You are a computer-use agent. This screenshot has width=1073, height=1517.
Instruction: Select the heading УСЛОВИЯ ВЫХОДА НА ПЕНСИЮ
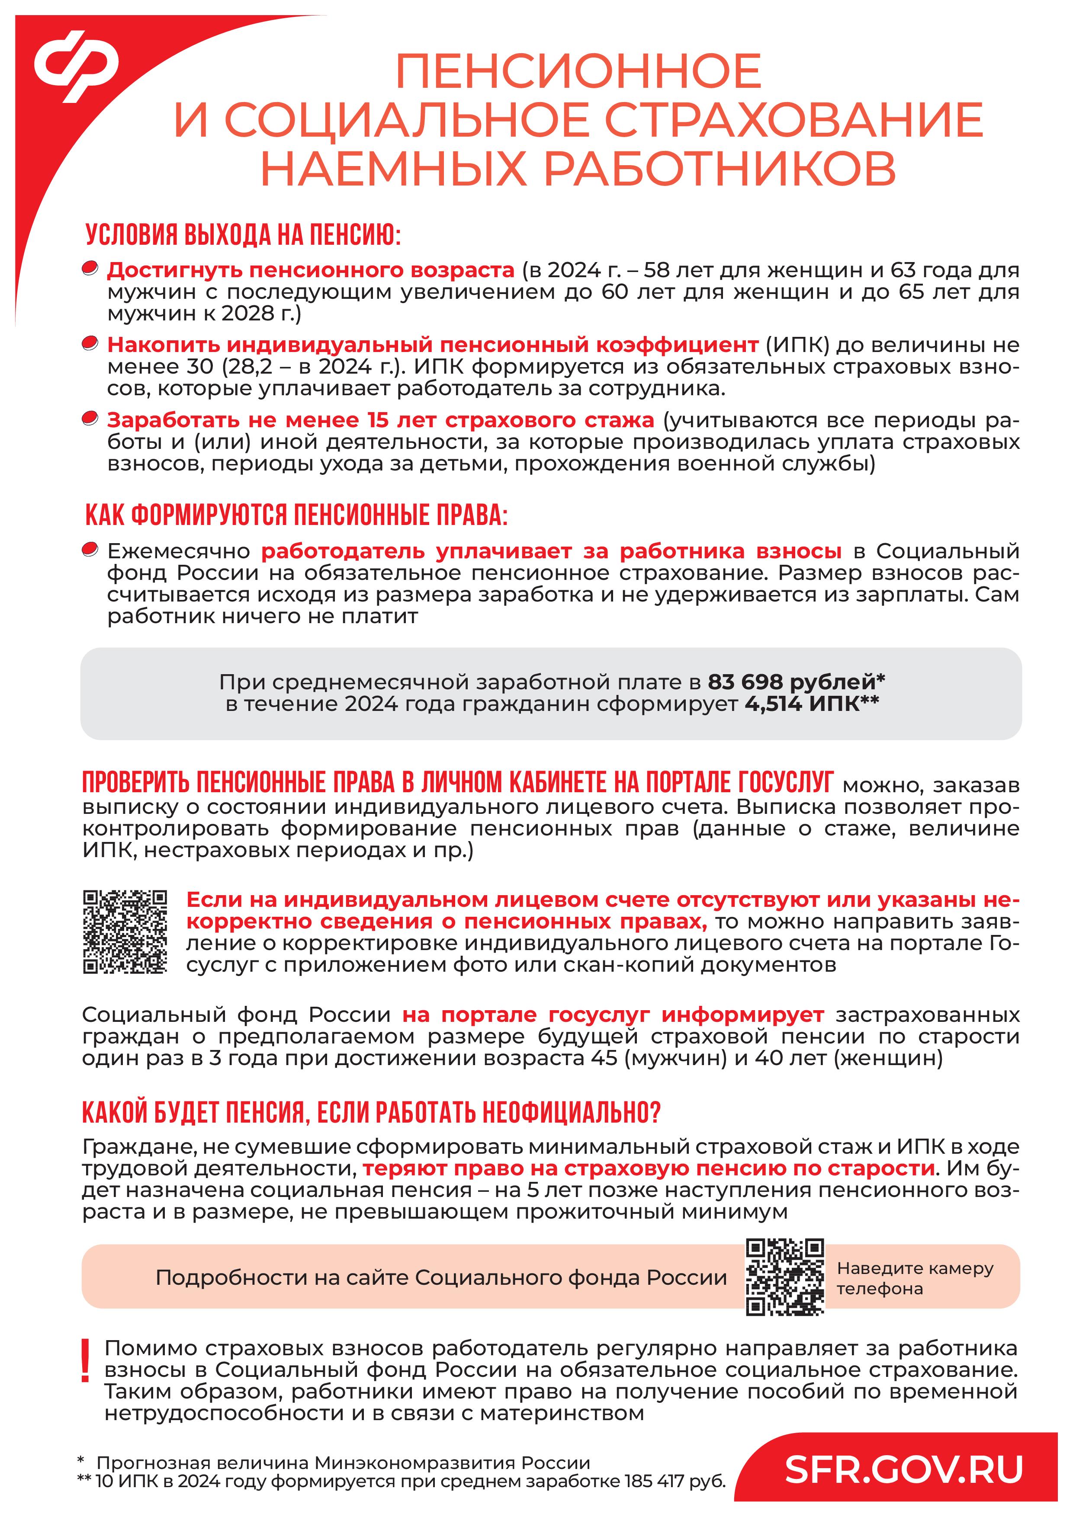coord(243,235)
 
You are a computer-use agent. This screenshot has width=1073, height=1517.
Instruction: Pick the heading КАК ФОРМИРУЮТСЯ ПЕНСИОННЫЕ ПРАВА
coord(296,516)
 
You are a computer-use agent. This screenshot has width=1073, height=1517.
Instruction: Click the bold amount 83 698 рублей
coord(795,681)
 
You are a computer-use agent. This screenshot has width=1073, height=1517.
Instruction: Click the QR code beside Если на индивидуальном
coord(125,931)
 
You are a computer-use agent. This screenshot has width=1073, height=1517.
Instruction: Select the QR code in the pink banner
coord(785,1277)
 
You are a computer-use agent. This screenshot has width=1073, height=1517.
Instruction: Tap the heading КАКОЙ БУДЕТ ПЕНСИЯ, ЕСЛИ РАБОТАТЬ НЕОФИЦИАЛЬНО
coord(371,1113)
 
